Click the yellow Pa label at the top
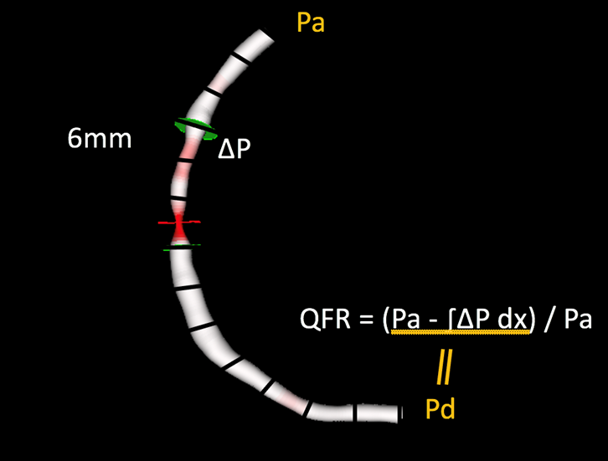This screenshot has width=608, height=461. pyautogui.click(x=310, y=22)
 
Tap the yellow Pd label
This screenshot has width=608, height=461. pyautogui.click(x=441, y=408)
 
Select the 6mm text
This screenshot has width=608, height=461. pyautogui.click(x=100, y=139)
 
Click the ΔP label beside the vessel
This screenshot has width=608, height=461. pyautogui.click(x=234, y=148)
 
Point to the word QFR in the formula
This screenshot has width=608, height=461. pyautogui.click(x=325, y=320)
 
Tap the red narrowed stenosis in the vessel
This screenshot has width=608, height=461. pyautogui.click(x=179, y=229)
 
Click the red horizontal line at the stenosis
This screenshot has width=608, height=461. pyautogui.click(x=179, y=223)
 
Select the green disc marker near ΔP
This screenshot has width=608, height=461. pyautogui.click(x=195, y=129)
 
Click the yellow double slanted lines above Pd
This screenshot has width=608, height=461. pyautogui.click(x=445, y=366)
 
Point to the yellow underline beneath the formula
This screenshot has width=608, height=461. pyautogui.click(x=461, y=332)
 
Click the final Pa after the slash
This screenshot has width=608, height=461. pyautogui.click(x=578, y=320)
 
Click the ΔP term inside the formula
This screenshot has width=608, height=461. pyautogui.click(x=473, y=320)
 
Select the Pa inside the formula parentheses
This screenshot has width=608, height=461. pyautogui.click(x=406, y=320)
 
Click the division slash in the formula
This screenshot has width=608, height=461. pyautogui.click(x=549, y=320)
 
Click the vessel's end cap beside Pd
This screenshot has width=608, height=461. pyautogui.click(x=400, y=413)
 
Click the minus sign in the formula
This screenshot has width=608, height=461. pyautogui.click(x=435, y=321)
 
